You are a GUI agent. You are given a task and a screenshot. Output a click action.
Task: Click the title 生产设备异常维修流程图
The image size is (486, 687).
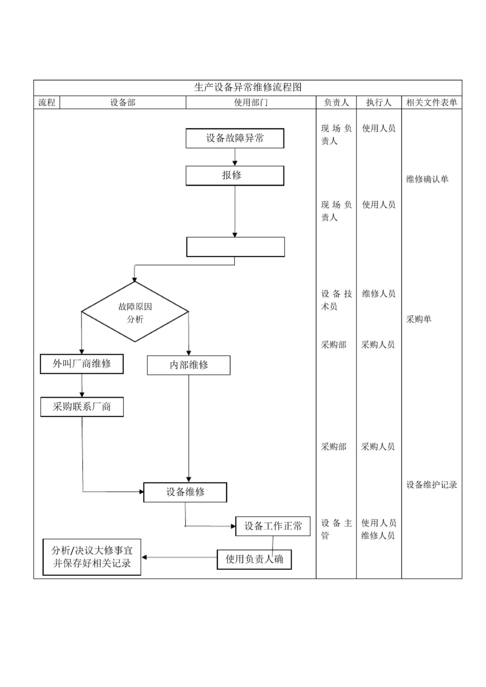(x=248, y=87)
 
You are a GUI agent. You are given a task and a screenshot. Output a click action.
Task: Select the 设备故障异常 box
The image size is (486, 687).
(x=235, y=138)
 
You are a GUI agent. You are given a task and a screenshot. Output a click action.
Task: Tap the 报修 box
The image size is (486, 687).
(x=235, y=175)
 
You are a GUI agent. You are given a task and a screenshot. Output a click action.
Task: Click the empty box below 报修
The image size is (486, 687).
(x=235, y=247)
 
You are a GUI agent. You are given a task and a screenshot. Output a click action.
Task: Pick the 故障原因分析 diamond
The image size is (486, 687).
(x=135, y=312)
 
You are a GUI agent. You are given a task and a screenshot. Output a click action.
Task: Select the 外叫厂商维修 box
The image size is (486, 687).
(x=82, y=364)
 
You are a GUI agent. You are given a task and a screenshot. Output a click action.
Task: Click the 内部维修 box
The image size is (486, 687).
(x=189, y=365)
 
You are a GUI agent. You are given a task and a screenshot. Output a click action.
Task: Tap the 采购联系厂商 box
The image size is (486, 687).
(x=82, y=407)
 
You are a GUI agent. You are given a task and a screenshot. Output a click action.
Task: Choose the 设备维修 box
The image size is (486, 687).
(x=185, y=492)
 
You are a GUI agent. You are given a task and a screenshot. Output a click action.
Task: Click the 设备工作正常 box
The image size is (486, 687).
(x=273, y=526)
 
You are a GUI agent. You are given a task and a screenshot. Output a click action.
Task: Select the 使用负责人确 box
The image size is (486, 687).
(x=254, y=559)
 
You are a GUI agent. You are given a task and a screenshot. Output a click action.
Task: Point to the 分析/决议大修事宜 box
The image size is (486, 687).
(x=92, y=557)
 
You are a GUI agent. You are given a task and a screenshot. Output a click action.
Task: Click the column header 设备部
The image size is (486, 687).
(x=123, y=103)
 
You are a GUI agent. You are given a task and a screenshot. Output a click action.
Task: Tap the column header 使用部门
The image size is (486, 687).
(x=251, y=103)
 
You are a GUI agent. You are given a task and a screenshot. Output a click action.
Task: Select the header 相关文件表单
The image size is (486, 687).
(x=431, y=103)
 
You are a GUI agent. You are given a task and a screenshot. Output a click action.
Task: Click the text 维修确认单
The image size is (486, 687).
(x=427, y=179)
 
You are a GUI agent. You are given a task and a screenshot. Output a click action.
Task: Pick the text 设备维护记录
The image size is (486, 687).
(x=431, y=485)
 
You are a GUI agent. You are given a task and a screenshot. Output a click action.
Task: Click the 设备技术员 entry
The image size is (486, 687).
(x=336, y=300)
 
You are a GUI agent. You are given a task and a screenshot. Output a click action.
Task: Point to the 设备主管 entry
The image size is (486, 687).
(x=336, y=529)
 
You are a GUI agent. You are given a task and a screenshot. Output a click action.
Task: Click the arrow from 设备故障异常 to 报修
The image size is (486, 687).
(x=235, y=157)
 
